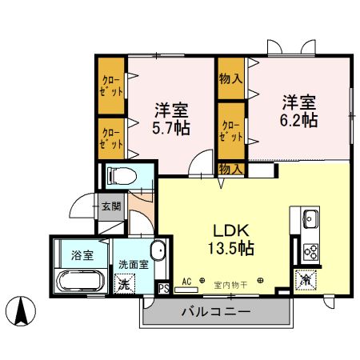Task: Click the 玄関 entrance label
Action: [111, 206]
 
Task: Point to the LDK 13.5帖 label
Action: [231, 238]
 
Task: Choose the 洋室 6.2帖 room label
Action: [298, 111]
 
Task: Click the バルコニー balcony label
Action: [216, 312]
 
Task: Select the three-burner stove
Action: [309, 252]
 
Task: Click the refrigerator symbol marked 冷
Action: [305, 281]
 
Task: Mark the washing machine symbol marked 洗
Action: [124, 282]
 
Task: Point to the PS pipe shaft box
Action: [163, 288]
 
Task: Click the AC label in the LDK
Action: [186, 282]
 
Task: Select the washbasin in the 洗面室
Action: [158, 251]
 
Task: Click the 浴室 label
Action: [82, 256]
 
